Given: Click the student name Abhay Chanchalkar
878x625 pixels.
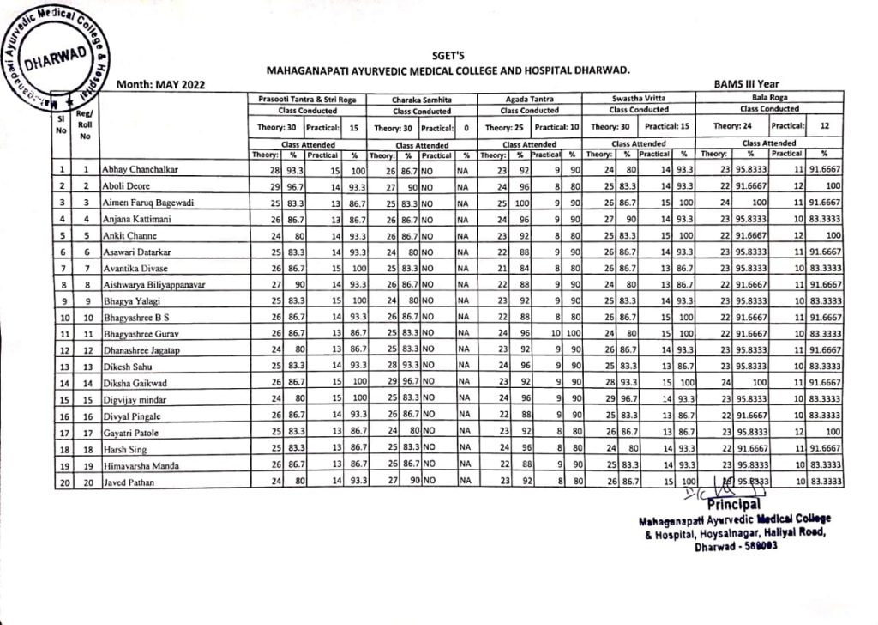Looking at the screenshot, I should pos(141,170).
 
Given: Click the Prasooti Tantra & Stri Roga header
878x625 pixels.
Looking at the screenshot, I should pos(307,100).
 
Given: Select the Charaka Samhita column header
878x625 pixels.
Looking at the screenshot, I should pos(421,100).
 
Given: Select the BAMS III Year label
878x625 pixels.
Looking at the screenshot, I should pos(746,84).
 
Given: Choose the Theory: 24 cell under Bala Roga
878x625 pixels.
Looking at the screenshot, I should pos(720,127).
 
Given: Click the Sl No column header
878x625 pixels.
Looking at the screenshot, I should pos(60,125).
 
